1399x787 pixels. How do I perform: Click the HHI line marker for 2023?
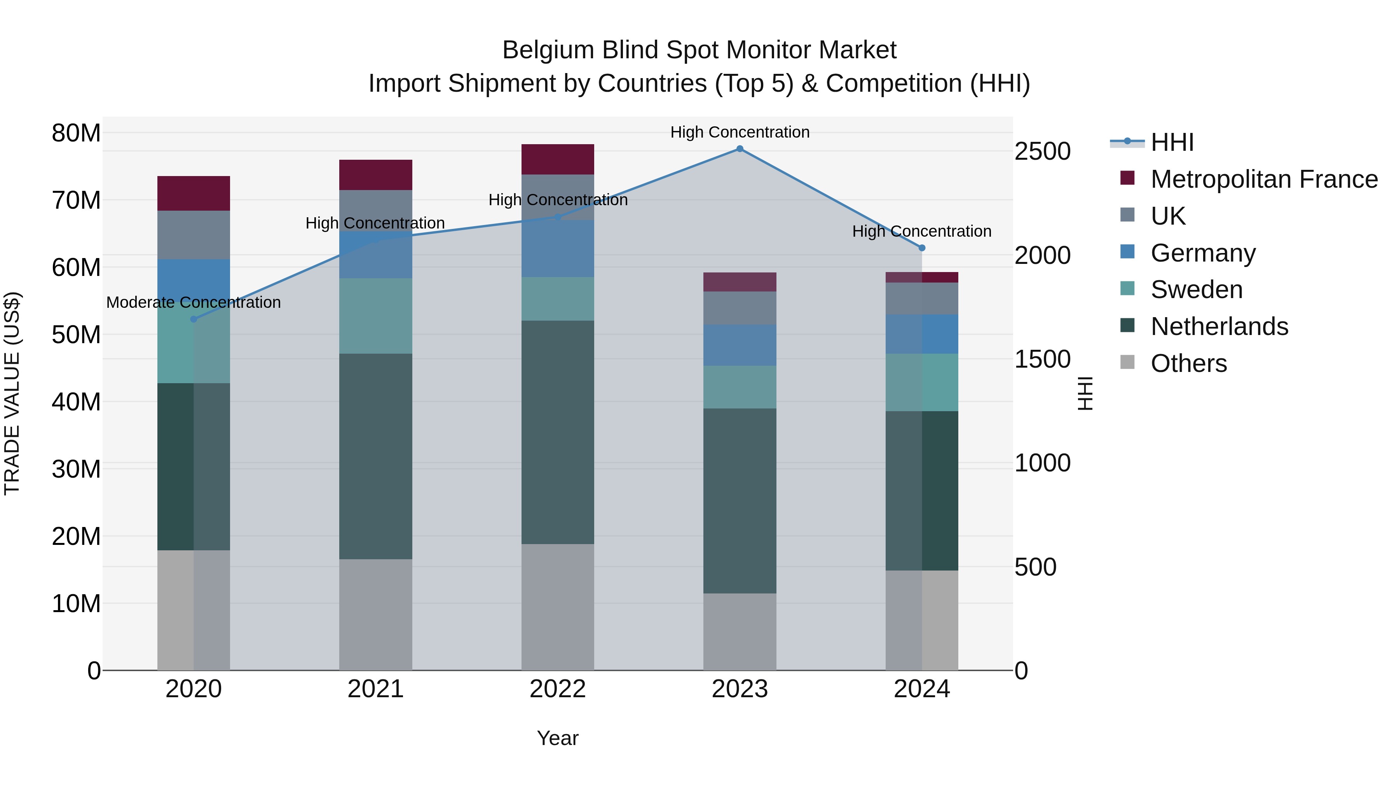pyautogui.click(x=740, y=148)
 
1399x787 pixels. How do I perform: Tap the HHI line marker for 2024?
pyautogui.click(x=922, y=248)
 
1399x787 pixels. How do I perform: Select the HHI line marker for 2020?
pyautogui.click(x=194, y=319)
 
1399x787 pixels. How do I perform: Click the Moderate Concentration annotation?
pyautogui.click(x=194, y=302)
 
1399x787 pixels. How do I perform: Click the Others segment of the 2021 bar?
pyautogui.click(x=375, y=614)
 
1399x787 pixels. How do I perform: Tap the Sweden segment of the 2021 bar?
pyautogui.click(x=375, y=316)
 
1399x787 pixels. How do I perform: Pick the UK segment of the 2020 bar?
pyautogui.click(x=194, y=235)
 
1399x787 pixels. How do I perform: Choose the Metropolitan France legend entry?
pyautogui.click(x=1264, y=179)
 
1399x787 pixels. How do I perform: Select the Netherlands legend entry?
pyautogui.click(x=1219, y=326)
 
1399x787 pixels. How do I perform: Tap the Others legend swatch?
pyautogui.click(x=1127, y=362)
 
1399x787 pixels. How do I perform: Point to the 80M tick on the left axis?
pyautogui.click(x=76, y=133)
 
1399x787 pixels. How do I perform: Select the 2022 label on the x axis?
pyautogui.click(x=557, y=689)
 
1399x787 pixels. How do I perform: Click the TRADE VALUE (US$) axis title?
pyautogui.click(x=12, y=393)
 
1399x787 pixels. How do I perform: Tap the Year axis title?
pyautogui.click(x=557, y=738)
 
